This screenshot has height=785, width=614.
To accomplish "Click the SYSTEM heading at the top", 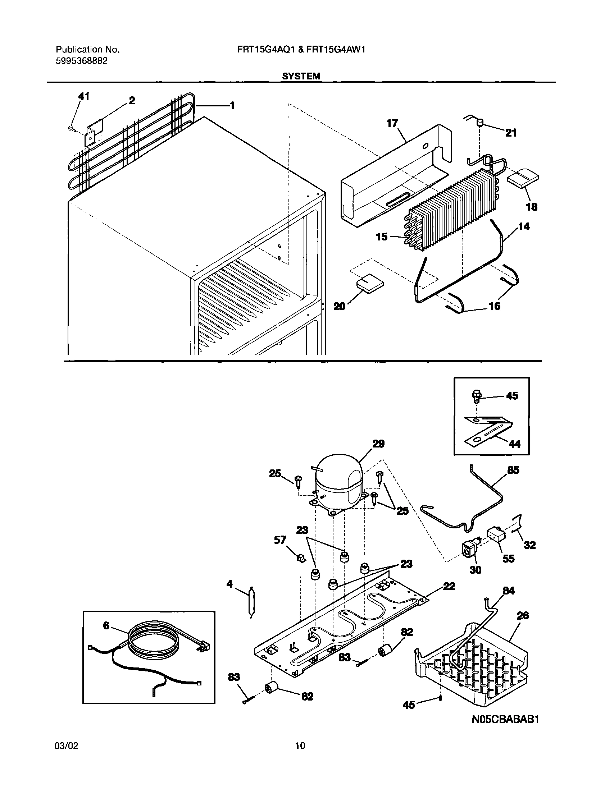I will click(x=301, y=76).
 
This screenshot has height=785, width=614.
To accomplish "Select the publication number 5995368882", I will click(x=81, y=61).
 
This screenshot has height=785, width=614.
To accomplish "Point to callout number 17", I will click(x=392, y=124).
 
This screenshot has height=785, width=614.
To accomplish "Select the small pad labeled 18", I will click(x=523, y=178).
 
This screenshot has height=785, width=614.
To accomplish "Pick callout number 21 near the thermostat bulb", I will click(x=511, y=133).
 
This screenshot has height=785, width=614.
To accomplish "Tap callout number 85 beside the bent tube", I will click(x=513, y=470).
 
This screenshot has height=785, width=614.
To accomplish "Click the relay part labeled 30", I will click(x=469, y=550).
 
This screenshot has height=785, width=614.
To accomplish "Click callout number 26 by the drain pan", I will click(x=523, y=616).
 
